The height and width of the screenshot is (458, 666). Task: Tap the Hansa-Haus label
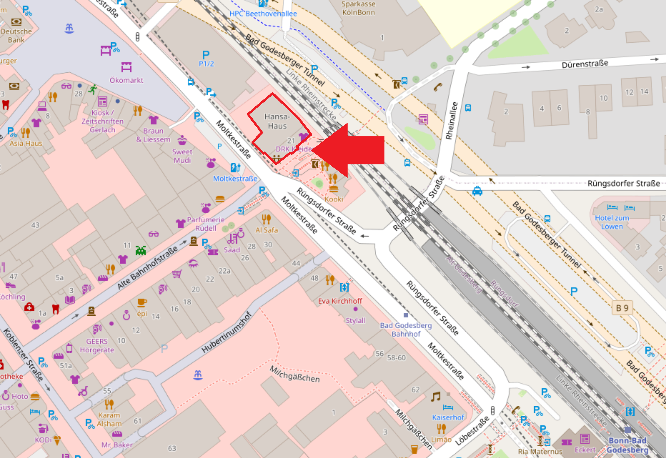(277, 121)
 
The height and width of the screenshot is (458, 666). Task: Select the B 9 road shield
(622, 308)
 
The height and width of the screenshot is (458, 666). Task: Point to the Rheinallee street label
(451, 121)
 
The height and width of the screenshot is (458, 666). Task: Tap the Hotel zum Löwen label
(612, 222)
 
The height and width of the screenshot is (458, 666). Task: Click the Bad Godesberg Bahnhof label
(406, 330)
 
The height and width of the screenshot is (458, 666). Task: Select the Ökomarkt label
(126, 80)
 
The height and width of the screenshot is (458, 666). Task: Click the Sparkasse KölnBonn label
(358, 8)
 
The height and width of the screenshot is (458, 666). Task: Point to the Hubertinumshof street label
(226, 332)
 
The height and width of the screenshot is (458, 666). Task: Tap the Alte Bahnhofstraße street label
(147, 268)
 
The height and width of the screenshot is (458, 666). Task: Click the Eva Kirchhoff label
(340, 301)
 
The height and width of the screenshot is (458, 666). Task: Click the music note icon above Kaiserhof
(436, 397)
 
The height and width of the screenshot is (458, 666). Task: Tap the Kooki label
(334, 199)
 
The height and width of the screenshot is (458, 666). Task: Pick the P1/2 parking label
(206, 64)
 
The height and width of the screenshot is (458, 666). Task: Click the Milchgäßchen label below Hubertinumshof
(295, 374)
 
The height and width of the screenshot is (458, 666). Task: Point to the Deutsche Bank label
(16, 35)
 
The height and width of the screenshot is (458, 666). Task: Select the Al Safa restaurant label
(267, 230)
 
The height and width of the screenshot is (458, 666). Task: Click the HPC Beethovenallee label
(263, 13)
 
